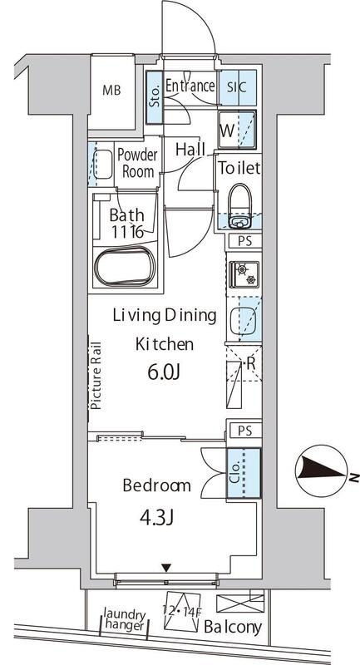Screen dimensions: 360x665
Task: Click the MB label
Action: [x=111, y=91]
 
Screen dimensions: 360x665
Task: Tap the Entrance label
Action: [x=190, y=86]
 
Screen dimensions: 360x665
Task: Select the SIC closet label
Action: [x=237, y=87]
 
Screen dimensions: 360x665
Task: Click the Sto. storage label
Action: [x=155, y=97]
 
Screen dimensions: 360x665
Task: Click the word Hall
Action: [x=190, y=150]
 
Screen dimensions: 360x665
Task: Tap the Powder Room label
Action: [x=137, y=163]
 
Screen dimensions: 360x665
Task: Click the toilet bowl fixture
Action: [x=240, y=205]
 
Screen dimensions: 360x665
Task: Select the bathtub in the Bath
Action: [x=125, y=268]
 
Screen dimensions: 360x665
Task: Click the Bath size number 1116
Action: [x=127, y=232]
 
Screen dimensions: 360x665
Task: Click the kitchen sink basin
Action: [x=244, y=319]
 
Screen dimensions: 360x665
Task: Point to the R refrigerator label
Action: [x=250, y=363]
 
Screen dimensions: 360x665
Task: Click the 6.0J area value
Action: [x=164, y=372]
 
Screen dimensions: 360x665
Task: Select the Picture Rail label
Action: [x=96, y=375]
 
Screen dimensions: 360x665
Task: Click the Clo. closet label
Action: [x=237, y=473]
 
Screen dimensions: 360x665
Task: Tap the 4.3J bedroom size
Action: [x=156, y=518]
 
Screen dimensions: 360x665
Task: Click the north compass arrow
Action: [x=321, y=470]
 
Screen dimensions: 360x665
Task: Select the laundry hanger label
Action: [x=125, y=619]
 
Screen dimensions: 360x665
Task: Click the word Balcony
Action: [x=232, y=628]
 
